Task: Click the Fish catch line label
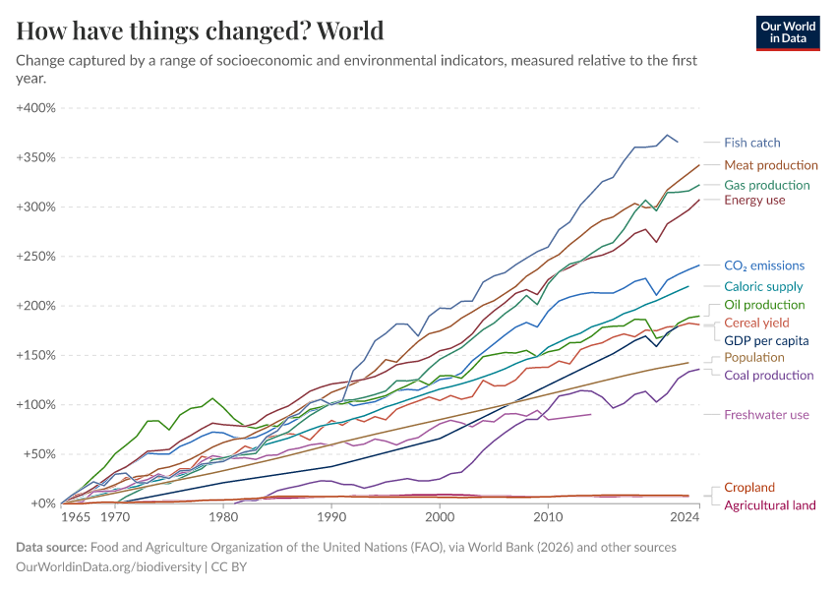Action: pyautogui.click(x=751, y=143)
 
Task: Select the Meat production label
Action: pyautogui.click(x=770, y=165)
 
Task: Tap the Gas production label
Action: pyautogui.click(x=766, y=185)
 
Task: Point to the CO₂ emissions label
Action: pyautogui.click(x=763, y=265)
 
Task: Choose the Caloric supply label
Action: pyautogui.click(x=763, y=286)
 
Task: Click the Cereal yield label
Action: pyautogui.click(x=756, y=323)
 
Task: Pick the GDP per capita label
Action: pyautogui.click(x=766, y=340)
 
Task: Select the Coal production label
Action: pyautogui.click(x=768, y=375)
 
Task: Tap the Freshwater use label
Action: pyautogui.click(x=766, y=415)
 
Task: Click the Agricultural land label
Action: pyautogui.click(x=769, y=505)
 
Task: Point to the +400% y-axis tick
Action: pyautogui.click(x=36, y=107)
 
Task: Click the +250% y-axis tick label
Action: pyautogui.click(x=36, y=256)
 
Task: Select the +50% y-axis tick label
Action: pyautogui.click(x=39, y=454)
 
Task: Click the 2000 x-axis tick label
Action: pyautogui.click(x=440, y=516)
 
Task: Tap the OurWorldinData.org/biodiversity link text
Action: pyautogui.click(x=108, y=566)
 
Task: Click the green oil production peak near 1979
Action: pyautogui.click(x=212, y=398)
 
